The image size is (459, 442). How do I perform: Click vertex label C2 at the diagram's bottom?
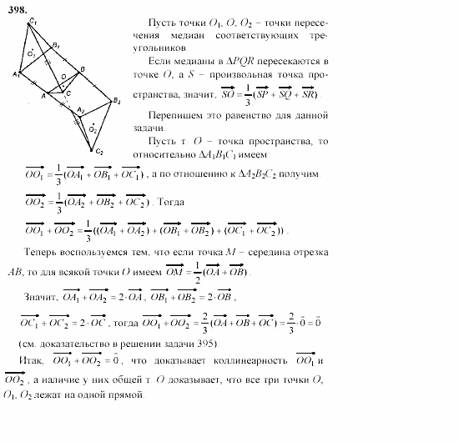tap(98, 152)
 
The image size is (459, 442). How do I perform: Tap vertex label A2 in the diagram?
tap(81, 111)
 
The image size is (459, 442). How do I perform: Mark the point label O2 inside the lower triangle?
tap(94, 129)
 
